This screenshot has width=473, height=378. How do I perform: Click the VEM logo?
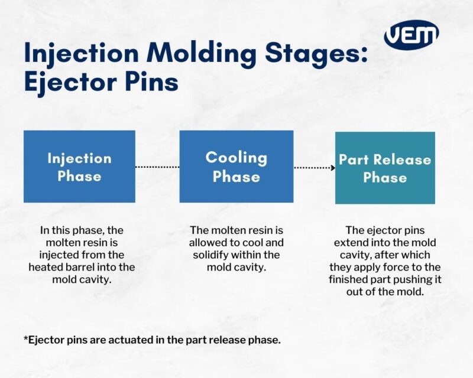[x=412, y=35]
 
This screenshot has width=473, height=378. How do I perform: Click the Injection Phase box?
[x=79, y=167]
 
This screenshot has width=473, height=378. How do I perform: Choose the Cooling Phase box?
[x=236, y=167]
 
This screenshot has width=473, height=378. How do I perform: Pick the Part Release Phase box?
[x=385, y=168]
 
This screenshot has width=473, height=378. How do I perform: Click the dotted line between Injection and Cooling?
[x=157, y=167]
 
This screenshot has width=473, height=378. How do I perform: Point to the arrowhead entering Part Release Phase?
[x=333, y=168]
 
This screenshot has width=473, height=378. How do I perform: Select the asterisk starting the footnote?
[x=26, y=338]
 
